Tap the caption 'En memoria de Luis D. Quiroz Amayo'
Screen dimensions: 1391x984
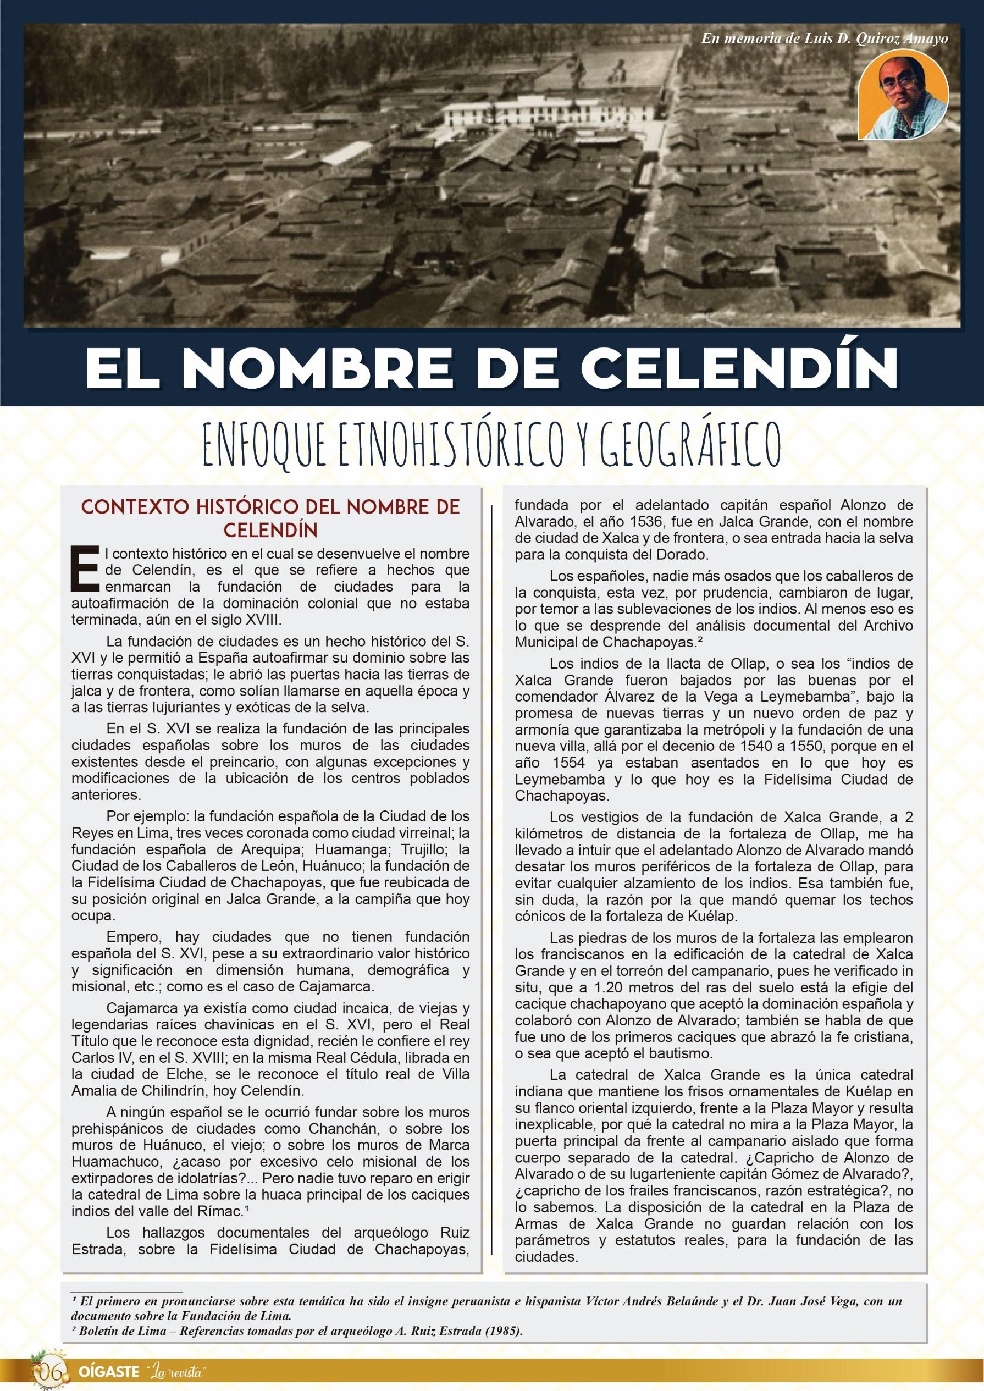[824, 38]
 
